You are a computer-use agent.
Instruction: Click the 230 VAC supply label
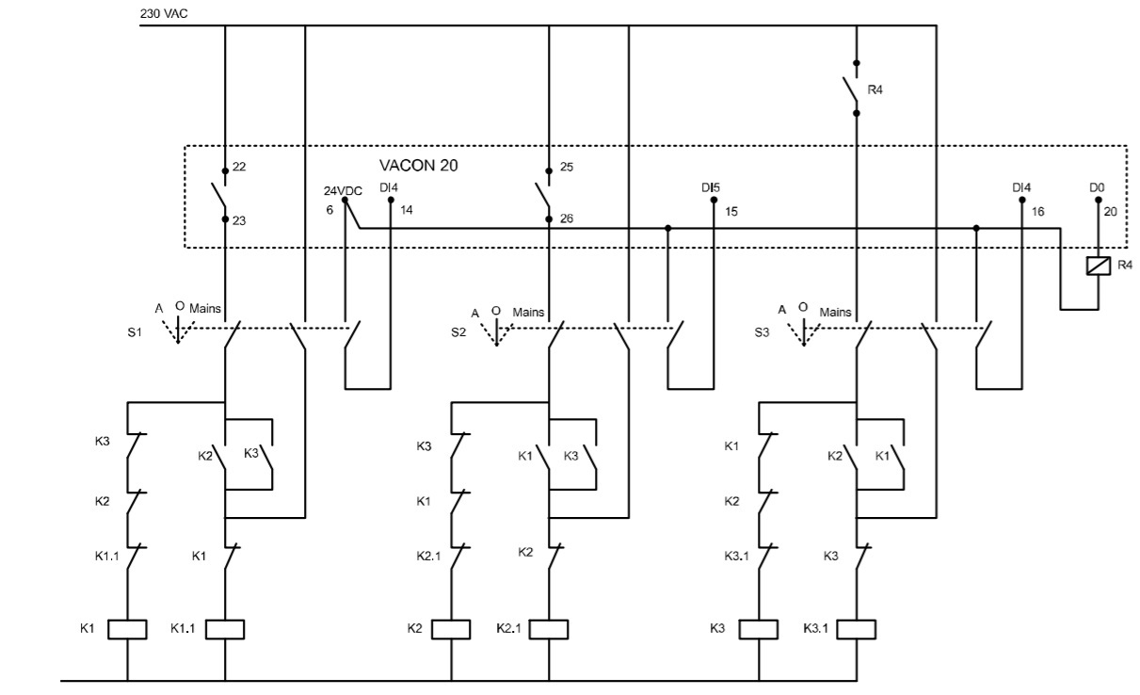pyautogui.click(x=161, y=13)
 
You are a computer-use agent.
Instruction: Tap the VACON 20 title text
pyautogui.click(x=418, y=165)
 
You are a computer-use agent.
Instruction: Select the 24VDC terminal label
pyautogui.click(x=343, y=191)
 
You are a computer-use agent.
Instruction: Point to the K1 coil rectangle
pyautogui.click(x=127, y=629)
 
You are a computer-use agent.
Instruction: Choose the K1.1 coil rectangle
pyautogui.click(x=225, y=629)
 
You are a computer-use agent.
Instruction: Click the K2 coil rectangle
pyautogui.click(x=451, y=629)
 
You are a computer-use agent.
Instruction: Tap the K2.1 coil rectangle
pyautogui.click(x=549, y=629)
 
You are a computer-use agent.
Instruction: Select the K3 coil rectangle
pyautogui.click(x=759, y=629)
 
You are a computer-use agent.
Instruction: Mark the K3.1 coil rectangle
pyautogui.click(x=857, y=629)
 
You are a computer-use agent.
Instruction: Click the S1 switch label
pyautogui.click(x=134, y=332)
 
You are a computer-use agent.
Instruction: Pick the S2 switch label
pyautogui.click(x=458, y=332)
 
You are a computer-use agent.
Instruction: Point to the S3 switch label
pyautogui.click(x=763, y=332)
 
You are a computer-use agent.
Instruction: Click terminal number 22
pyautogui.click(x=239, y=167)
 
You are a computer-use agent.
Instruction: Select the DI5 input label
pyautogui.click(x=710, y=188)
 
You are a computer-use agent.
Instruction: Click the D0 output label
pyautogui.click(x=1097, y=188)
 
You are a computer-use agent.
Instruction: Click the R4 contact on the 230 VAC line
pyautogui.click(x=856, y=89)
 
